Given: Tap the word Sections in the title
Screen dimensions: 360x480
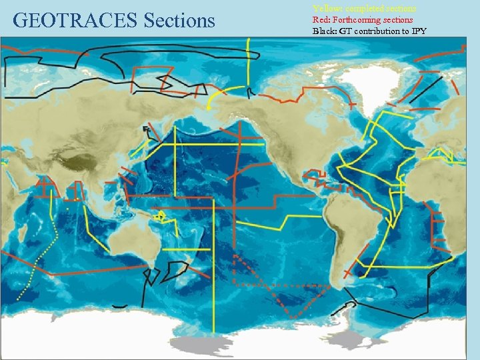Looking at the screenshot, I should point(179,21).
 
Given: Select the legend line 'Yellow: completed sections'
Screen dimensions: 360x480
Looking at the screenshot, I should point(365,9).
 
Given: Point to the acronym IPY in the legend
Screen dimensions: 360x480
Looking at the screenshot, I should point(417,31).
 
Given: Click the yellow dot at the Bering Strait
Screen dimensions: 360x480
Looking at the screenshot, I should point(209,107).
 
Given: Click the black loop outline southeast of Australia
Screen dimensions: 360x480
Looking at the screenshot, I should point(177,270).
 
